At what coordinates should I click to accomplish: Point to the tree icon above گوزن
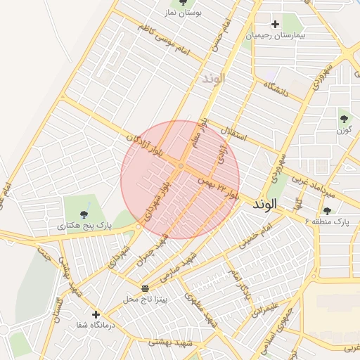[x=344, y=118]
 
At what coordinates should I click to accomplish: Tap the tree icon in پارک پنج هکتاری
[x=84, y=214]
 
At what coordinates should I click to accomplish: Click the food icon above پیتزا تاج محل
[x=146, y=288]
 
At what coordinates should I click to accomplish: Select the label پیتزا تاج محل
[x=146, y=300]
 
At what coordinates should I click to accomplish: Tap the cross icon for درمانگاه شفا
[x=96, y=314]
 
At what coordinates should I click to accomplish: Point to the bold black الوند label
[x=264, y=204]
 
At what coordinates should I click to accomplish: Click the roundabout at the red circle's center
[x=181, y=166]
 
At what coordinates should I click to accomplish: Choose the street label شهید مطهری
[x=202, y=309]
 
